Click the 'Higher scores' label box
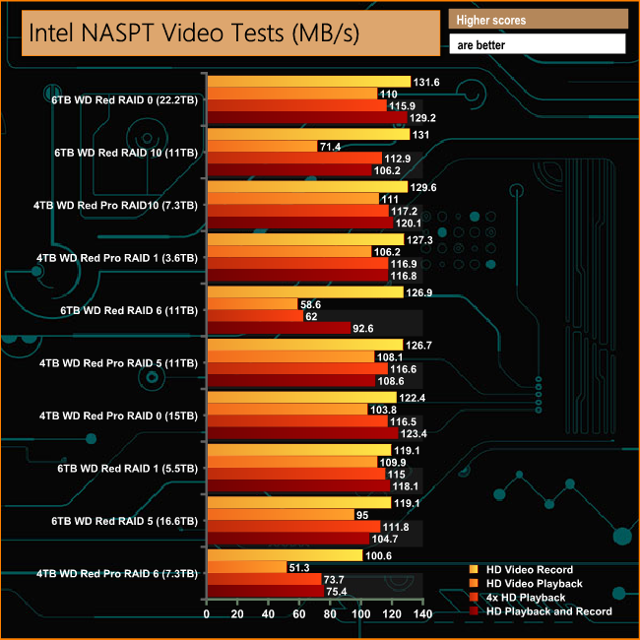point(537,20)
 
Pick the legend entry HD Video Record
point(530,569)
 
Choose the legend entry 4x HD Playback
point(526,597)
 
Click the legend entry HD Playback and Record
point(548,610)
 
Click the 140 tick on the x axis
point(422,614)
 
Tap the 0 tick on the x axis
point(207,614)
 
